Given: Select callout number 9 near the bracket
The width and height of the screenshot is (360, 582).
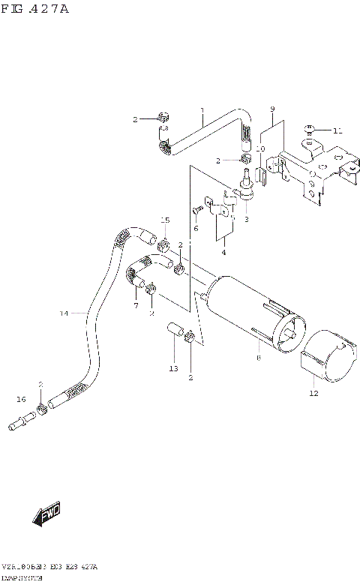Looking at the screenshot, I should click(x=272, y=109).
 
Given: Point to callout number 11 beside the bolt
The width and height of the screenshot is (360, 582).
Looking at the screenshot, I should click(x=337, y=130).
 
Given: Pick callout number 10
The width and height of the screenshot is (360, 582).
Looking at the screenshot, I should click(x=259, y=148).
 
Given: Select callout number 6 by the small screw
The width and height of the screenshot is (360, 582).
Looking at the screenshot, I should click(x=196, y=228).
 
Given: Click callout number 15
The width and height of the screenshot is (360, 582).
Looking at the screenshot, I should click(x=166, y=220).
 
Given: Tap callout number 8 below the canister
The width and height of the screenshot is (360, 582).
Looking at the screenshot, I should click(x=257, y=359).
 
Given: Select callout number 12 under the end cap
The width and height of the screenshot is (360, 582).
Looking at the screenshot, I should click(x=313, y=392).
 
